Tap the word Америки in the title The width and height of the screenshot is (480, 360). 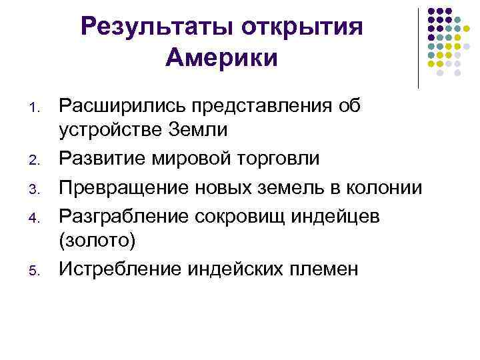tap(221, 58)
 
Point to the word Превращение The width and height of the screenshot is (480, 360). tap(125, 187)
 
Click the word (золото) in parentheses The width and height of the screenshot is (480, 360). tap(97, 241)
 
